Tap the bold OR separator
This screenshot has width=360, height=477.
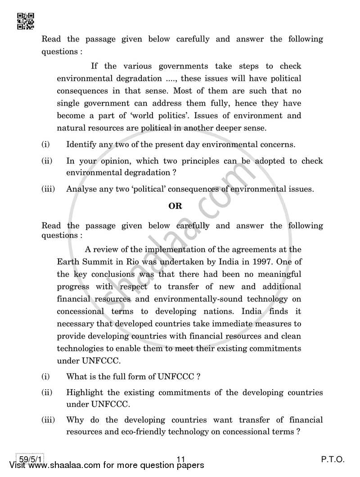pos(175,206)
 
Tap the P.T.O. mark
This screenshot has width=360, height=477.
pos(333,460)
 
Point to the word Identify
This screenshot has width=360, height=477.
pos(81,145)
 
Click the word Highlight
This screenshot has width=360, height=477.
pos(85,392)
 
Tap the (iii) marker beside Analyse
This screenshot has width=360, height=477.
pos(48,189)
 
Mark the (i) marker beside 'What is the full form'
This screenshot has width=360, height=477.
pos(45,376)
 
